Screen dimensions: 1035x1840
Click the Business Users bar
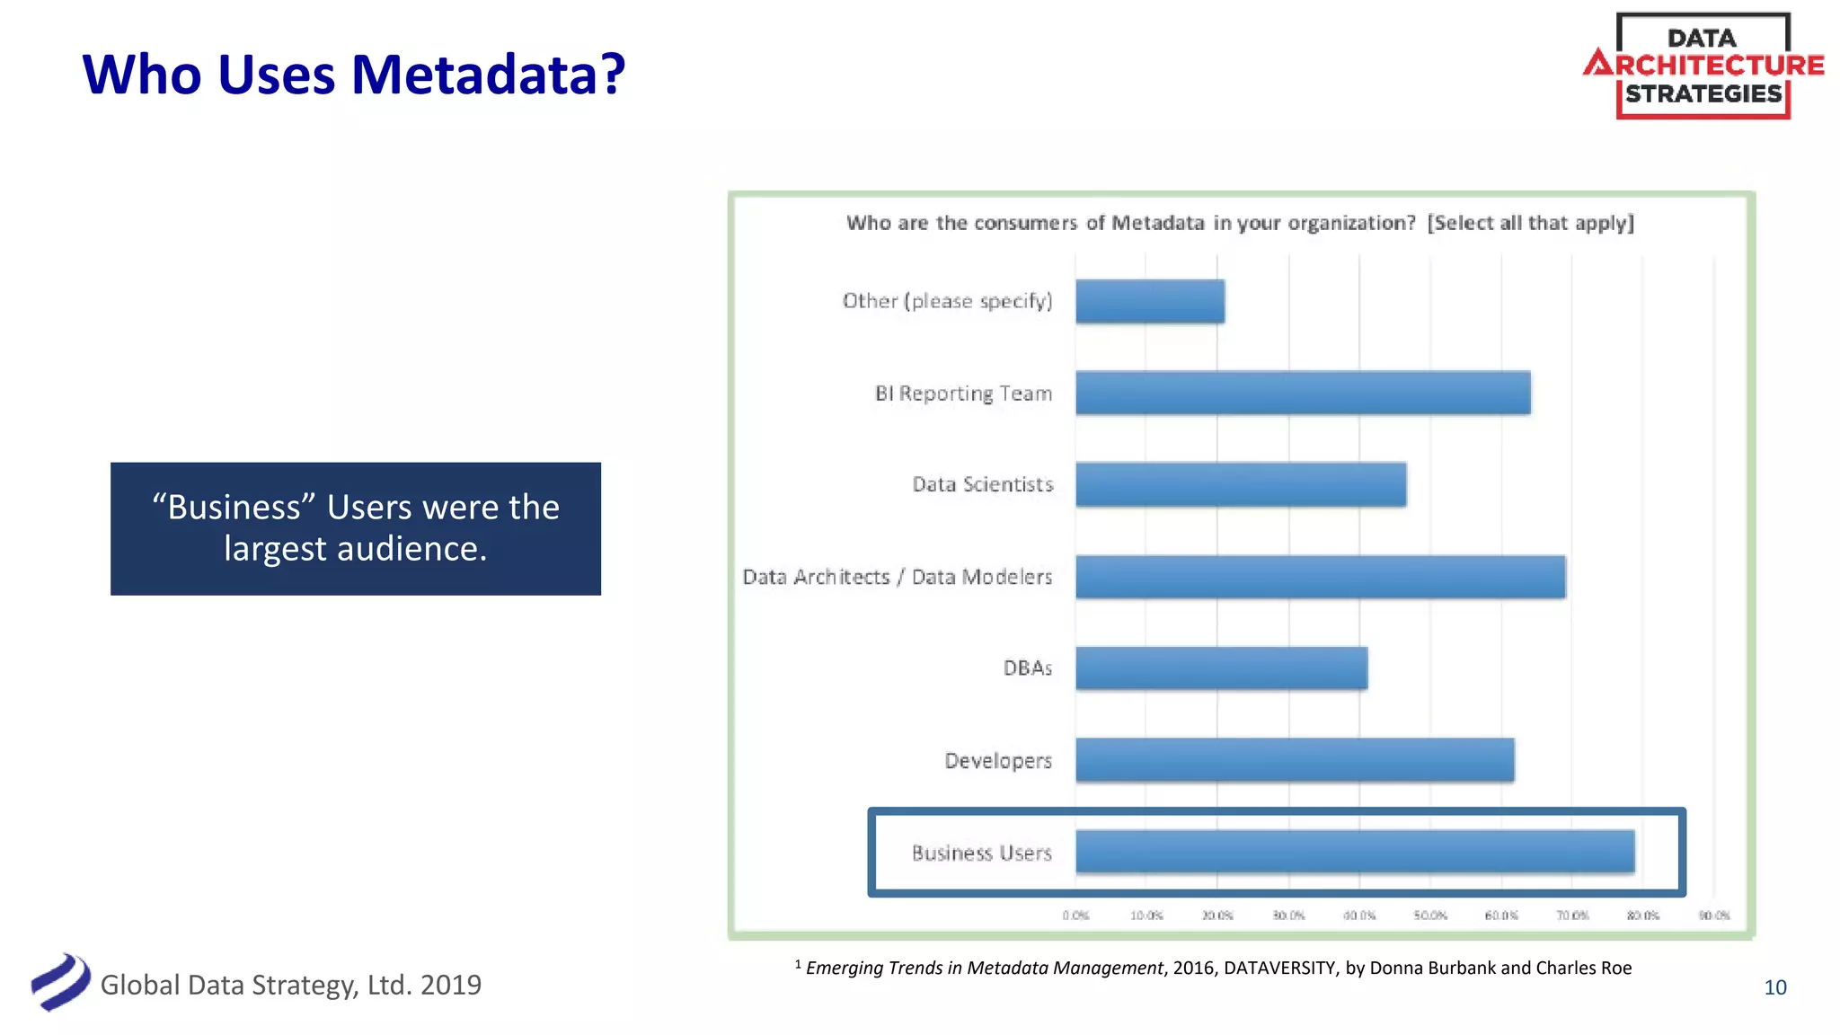(x=1355, y=852)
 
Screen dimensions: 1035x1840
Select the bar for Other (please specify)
(x=1150, y=301)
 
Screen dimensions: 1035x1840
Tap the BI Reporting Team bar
(x=1303, y=393)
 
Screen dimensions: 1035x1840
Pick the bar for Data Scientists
(x=1241, y=485)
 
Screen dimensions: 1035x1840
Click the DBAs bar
(x=1221, y=668)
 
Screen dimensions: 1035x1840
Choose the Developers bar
(x=1295, y=760)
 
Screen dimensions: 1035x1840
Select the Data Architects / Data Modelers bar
(x=1320, y=577)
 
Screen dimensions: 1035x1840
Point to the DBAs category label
(x=1027, y=668)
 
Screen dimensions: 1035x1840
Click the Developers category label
(x=997, y=761)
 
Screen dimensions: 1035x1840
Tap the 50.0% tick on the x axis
(x=1430, y=916)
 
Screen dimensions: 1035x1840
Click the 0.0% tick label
(x=1075, y=916)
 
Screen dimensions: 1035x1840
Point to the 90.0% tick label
(x=1713, y=916)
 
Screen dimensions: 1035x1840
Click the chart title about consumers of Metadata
(x=1240, y=223)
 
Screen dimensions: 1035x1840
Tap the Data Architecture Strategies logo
(x=1703, y=66)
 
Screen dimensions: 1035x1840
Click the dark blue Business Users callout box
(x=356, y=528)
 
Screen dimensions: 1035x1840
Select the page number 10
(x=1774, y=987)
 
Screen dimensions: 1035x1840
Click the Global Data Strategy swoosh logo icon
(x=60, y=982)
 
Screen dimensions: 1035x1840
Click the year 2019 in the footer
(x=451, y=985)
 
